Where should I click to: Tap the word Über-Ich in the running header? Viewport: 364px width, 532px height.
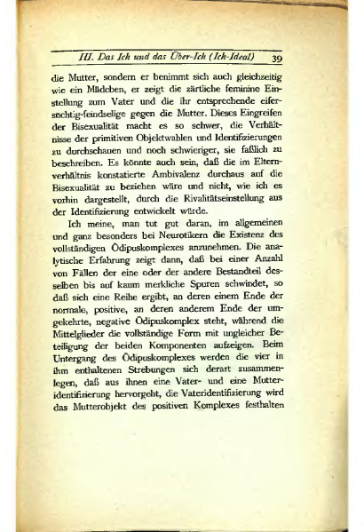tap(187, 59)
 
